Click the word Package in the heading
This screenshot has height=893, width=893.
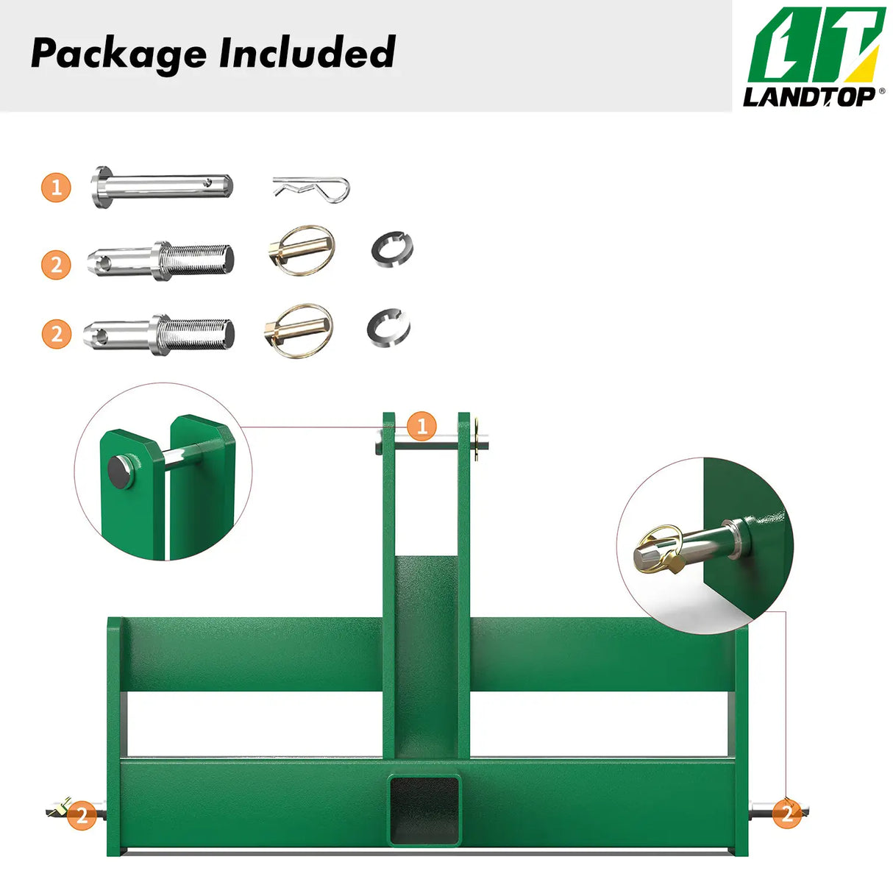[118, 54]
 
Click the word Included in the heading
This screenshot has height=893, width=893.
[307, 52]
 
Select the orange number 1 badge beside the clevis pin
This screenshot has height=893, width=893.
[56, 188]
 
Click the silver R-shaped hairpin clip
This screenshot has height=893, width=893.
[311, 188]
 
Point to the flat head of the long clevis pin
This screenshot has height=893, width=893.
[102, 188]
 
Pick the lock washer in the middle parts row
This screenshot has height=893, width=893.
[392, 249]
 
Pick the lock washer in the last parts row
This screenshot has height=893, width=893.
[388, 327]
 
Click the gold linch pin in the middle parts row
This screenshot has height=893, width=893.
[302, 250]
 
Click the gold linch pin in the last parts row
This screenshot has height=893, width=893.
[299, 330]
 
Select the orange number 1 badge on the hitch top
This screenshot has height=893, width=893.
[421, 426]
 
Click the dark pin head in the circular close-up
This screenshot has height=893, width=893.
[121, 472]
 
